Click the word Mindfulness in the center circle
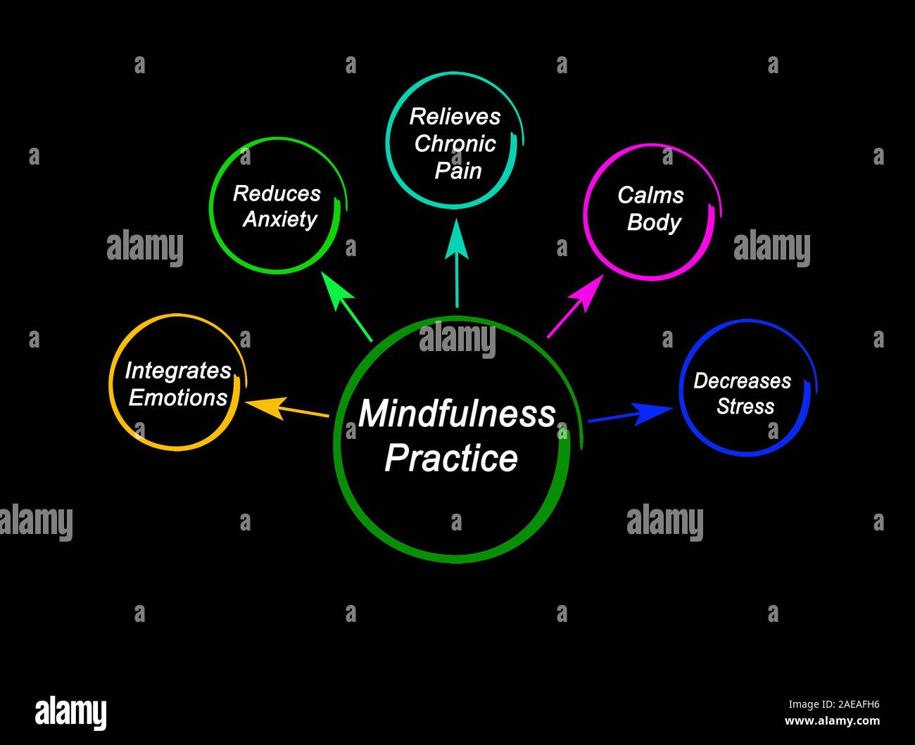[x=457, y=414]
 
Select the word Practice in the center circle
[x=451, y=458]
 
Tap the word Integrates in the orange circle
[x=178, y=371]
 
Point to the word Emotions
[x=178, y=397]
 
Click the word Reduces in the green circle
[x=277, y=193]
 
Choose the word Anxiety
[x=280, y=219]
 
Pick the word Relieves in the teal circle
[x=455, y=116]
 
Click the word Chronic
[x=455, y=144]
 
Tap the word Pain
[x=458, y=170]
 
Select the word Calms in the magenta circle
[x=650, y=195]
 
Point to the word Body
[x=654, y=222]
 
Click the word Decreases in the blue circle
[x=742, y=381]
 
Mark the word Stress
[x=745, y=407]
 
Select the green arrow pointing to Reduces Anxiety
[x=346, y=305]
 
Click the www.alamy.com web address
[x=832, y=721]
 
